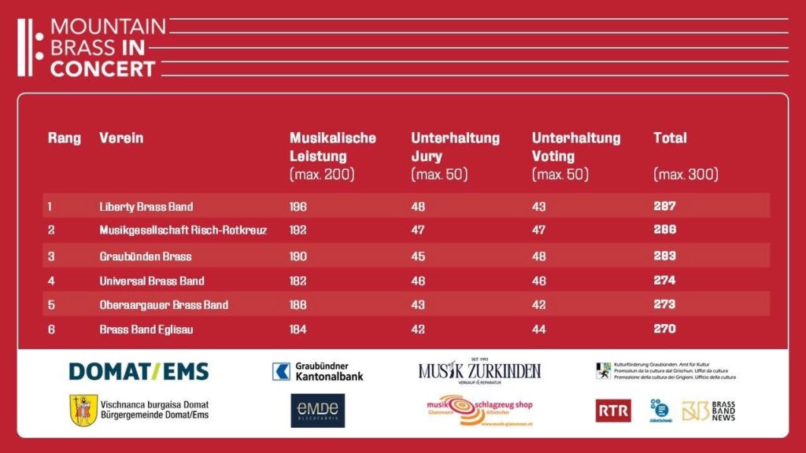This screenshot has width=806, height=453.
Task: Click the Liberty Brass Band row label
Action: pos(146,207)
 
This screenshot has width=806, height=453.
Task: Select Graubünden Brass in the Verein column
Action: pos(145,256)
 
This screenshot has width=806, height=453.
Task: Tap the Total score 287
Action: pos(664,206)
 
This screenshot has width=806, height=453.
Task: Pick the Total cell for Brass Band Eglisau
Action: pos(664,329)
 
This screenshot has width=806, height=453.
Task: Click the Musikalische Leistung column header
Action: pos(332,147)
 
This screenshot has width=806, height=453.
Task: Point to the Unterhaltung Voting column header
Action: pos(575,147)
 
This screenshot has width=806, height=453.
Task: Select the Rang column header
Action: pos(65,138)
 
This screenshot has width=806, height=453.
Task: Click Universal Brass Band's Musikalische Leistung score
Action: pos(298,281)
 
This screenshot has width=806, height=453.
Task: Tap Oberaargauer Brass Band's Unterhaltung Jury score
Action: pos(419,305)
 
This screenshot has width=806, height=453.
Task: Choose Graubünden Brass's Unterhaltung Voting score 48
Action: pos(539,256)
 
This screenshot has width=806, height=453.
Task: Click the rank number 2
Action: pos(51,230)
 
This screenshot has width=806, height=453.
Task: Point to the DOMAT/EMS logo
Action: pos(139,371)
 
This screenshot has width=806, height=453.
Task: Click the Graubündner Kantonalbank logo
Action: pos(317,371)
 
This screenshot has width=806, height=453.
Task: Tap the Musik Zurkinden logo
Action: pos(479,370)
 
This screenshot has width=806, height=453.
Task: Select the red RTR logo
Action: pos(612,410)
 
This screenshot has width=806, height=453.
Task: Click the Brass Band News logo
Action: pos(708,411)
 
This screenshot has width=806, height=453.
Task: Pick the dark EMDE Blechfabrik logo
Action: pos(317,411)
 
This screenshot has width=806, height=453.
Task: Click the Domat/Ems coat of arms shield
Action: pos(83,410)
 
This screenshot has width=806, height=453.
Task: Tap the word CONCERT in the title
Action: pos(102,68)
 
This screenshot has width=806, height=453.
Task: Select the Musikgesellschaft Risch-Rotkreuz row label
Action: pos(183,230)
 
